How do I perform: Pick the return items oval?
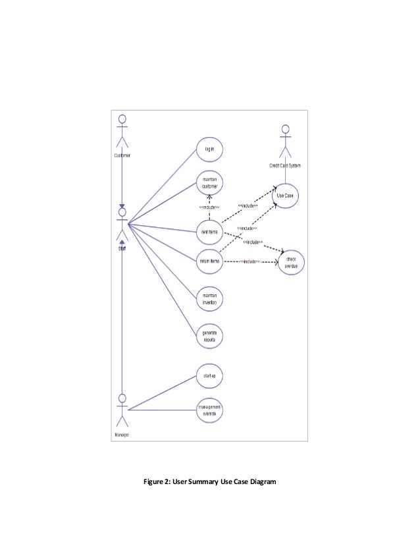pos(209,261)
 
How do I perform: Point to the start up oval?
pos(209,376)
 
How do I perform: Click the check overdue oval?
pos(291,263)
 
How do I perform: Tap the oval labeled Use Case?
pos(285,196)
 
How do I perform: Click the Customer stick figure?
pos(122,132)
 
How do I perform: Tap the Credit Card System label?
pos(285,165)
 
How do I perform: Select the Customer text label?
pos(122,155)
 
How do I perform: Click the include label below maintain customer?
pos(209,207)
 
